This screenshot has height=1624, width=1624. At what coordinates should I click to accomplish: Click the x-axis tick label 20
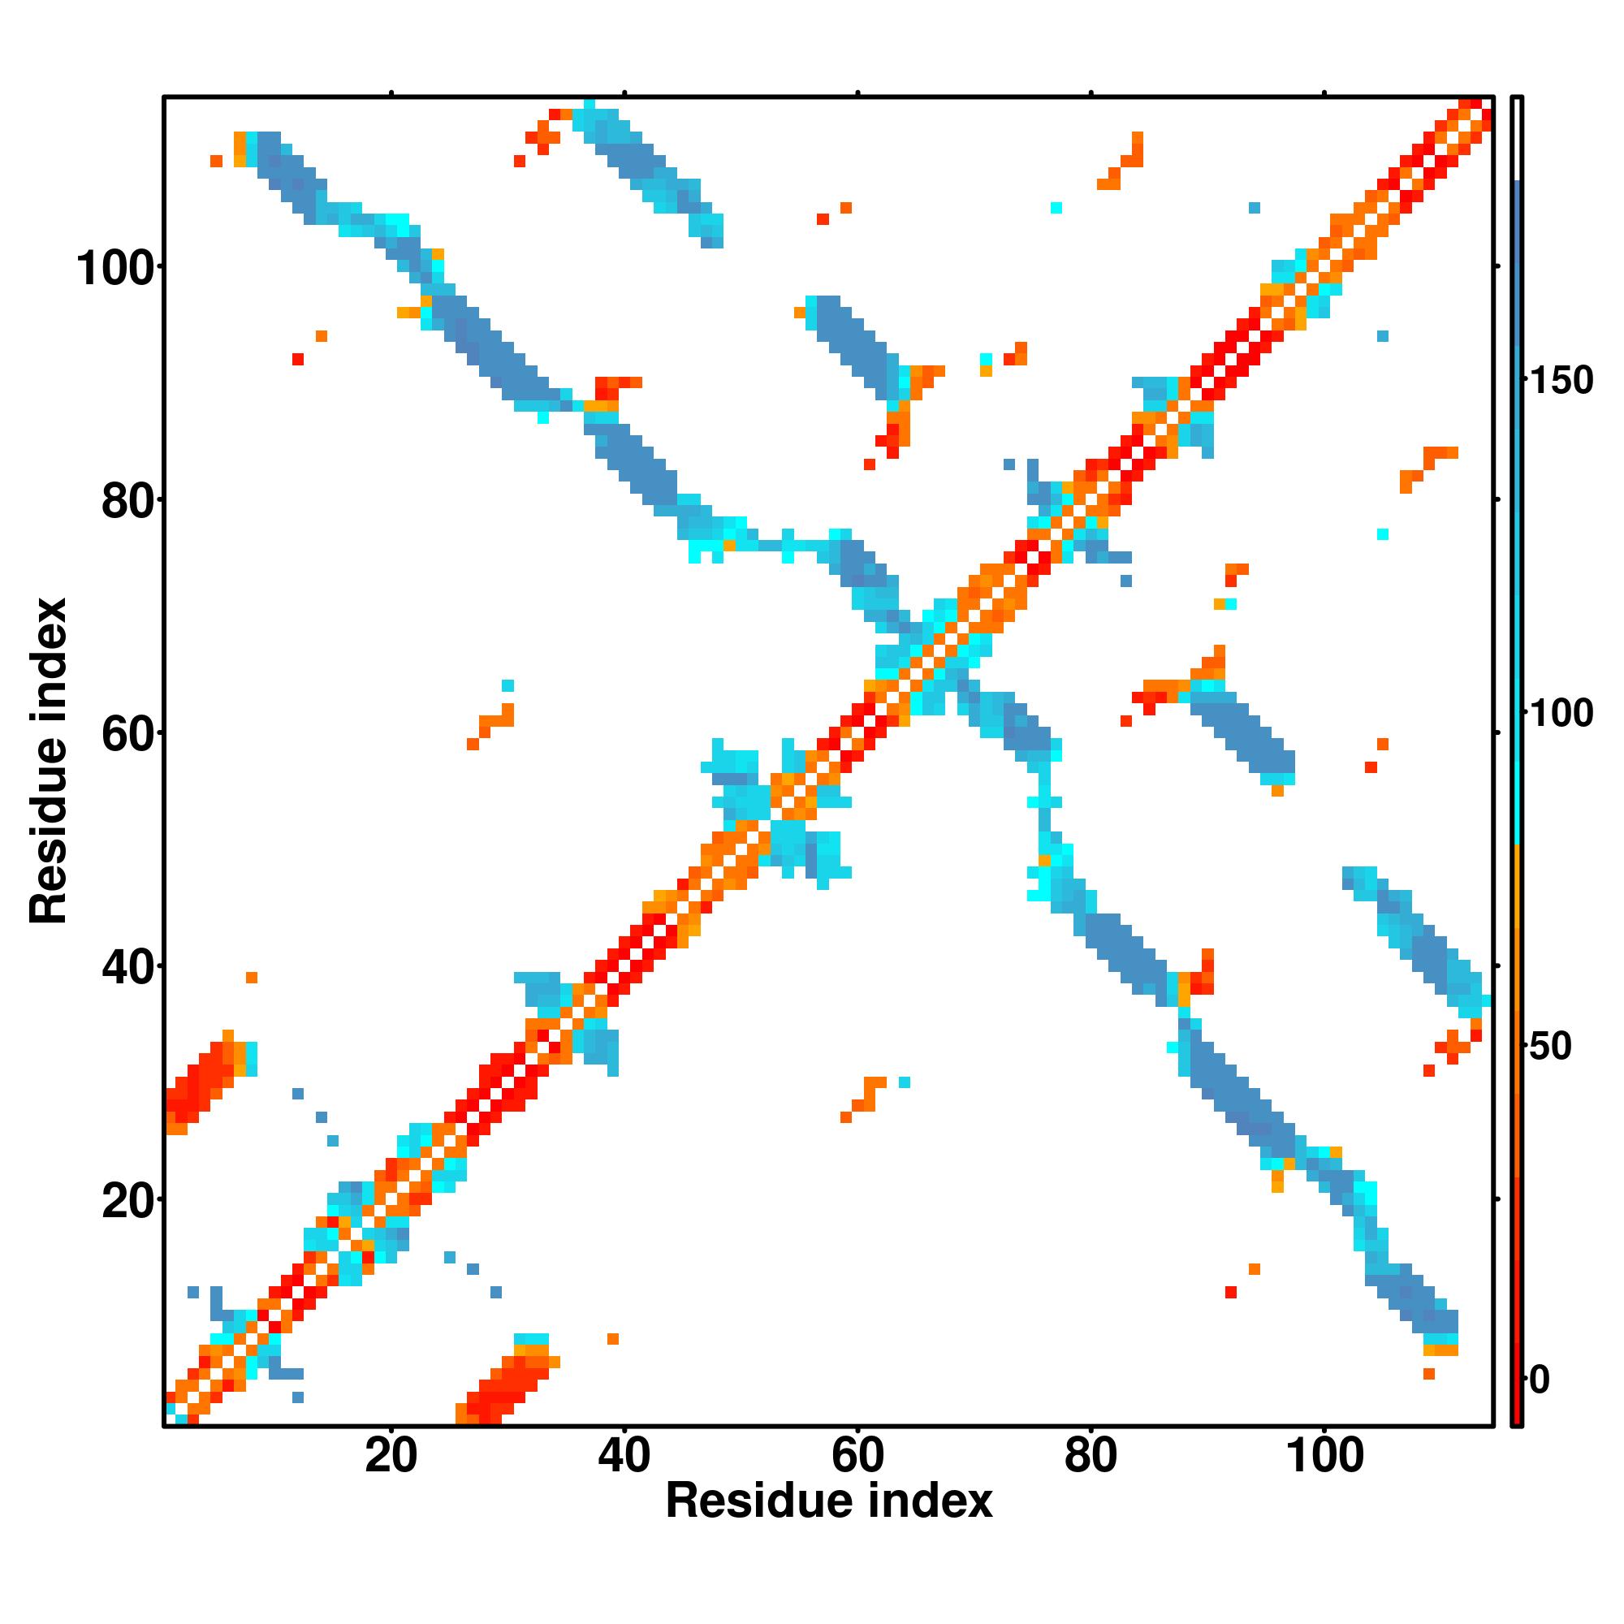[391, 1456]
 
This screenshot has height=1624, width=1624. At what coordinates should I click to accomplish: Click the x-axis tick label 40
[624, 1456]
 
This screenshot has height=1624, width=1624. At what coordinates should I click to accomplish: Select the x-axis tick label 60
[857, 1456]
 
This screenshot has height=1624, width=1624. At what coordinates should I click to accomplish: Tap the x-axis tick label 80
[1091, 1456]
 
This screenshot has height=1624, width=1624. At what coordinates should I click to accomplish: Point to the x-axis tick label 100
[1324, 1456]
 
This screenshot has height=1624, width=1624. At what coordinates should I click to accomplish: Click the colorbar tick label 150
[1561, 381]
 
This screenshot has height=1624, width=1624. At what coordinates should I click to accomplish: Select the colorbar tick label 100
[1561, 714]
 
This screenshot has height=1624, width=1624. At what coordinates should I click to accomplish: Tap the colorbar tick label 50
[1551, 1047]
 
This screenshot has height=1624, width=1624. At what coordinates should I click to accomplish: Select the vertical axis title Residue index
[48, 761]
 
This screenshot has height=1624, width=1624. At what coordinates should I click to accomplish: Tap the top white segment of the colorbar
[1518, 139]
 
